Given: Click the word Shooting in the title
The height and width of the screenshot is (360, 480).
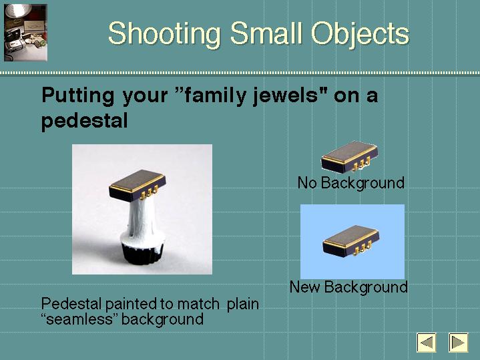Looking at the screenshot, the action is pyautogui.click(x=164, y=34).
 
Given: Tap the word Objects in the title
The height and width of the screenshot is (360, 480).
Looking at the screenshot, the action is pyautogui.click(x=360, y=34).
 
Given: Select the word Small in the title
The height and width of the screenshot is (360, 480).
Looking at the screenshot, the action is pyautogui.click(x=266, y=33).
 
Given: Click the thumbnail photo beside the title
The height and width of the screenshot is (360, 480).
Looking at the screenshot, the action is pyautogui.click(x=25, y=33).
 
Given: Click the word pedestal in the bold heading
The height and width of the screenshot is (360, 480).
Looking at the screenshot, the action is pyautogui.click(x=85, y=121).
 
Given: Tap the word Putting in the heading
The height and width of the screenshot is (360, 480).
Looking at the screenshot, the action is pyautogui.click(x=77, y=96).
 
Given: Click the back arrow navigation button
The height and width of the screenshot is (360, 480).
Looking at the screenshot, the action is pyautogui.click(x=427, y=342).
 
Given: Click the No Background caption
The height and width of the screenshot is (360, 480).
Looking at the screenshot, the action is pyautogui.click(x=350, y=183).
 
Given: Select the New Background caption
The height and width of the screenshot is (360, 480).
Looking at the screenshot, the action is pyautogui.click(x=348, y=287).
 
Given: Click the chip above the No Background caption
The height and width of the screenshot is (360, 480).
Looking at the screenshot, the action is pyautogui.click(x=350, y=156).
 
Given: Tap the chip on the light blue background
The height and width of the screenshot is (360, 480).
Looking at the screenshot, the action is pyautogui.click(x=350, y=241).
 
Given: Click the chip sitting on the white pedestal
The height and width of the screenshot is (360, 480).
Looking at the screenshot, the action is pyautogui.click(x=138, y=185).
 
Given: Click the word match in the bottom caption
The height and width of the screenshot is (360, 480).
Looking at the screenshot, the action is pyautogui.click(x=198, y=305).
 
